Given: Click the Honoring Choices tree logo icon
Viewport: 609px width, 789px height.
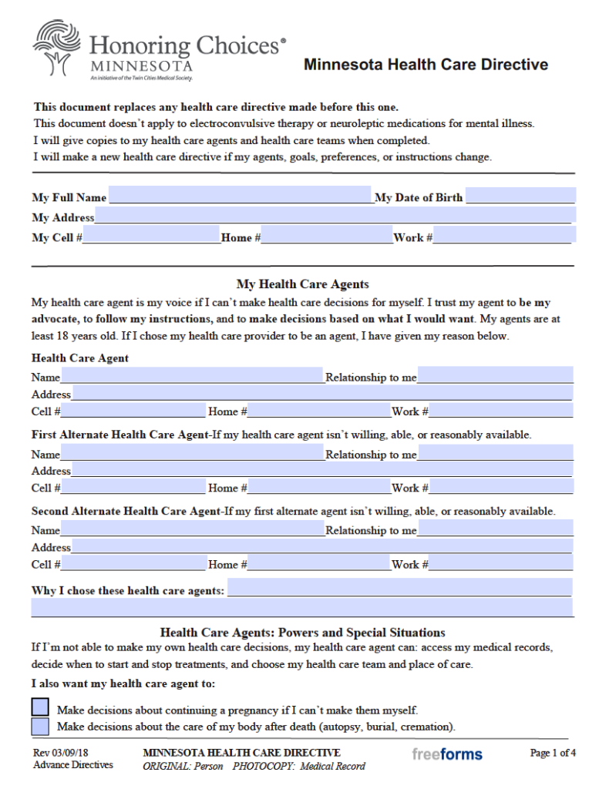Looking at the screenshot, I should click(56, 48).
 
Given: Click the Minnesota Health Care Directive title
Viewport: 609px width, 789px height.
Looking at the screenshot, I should click(426, 65).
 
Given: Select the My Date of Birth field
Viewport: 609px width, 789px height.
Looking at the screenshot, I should click(520, 196).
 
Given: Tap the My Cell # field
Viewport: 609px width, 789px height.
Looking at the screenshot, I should click(151, 237).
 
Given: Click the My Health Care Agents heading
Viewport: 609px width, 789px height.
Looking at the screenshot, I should click(302, 284).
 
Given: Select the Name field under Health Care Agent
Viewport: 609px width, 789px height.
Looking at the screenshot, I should click(192, 376).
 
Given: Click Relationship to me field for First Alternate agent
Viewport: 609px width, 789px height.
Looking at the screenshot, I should click(496, 453).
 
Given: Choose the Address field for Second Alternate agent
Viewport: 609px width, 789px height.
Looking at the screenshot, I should click(322, 546).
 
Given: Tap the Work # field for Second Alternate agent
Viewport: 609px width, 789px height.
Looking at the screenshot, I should click(501, 563).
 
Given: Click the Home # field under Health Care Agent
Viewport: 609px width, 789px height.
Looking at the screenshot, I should click(319, 411).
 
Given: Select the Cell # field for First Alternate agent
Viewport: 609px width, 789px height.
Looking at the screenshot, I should click(133, 487).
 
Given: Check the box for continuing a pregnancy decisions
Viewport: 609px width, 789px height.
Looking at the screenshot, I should click(39, 707).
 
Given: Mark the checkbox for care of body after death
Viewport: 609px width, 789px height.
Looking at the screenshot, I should click(39, 726).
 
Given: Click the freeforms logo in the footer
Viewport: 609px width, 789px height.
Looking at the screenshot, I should click(447, 754).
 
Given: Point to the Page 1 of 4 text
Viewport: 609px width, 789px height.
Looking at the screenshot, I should click(553, 753).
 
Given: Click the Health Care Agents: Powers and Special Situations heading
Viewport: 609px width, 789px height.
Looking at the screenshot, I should click(302, 633).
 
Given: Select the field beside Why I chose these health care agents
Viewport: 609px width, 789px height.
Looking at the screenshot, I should click(399, 589).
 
